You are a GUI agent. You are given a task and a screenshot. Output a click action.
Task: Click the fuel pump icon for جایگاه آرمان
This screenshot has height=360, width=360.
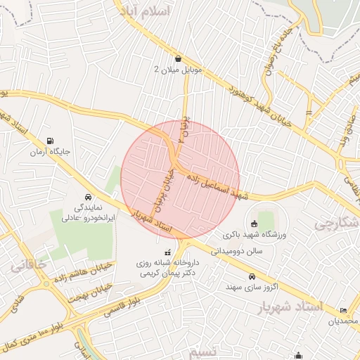pos(50,141)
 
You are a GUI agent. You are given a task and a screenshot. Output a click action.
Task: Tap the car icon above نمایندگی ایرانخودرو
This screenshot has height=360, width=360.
pos(87,198)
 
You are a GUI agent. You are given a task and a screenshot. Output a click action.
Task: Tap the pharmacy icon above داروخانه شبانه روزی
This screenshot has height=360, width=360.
pos(167,252)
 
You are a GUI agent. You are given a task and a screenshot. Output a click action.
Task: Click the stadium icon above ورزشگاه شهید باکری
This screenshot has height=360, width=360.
pos(253,224)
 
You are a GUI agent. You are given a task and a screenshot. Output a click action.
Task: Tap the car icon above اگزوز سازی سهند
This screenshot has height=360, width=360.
pos(252,276)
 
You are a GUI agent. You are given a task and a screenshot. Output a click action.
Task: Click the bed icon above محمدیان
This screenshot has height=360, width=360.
pos(343,310)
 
